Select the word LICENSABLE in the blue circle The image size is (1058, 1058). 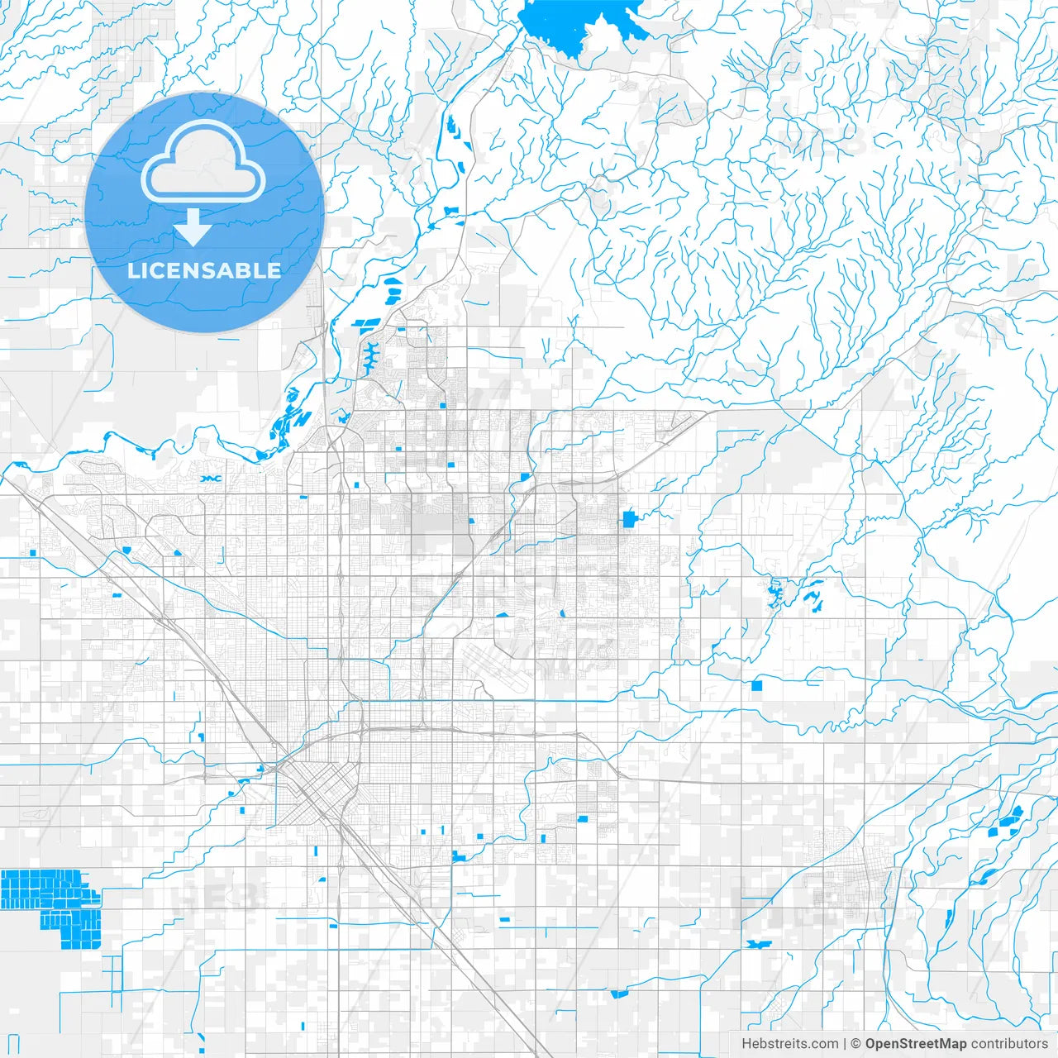[204, 270]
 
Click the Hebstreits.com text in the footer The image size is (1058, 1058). [789, 1044]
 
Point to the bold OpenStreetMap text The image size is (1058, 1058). [915, 1044]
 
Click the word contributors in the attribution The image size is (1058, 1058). [1009, 1044]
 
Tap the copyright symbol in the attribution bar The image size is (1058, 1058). [856, 1044]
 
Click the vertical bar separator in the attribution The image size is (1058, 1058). [845, 1044]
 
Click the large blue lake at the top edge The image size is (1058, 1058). [583, 25]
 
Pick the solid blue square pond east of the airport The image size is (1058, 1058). [757, 685]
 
